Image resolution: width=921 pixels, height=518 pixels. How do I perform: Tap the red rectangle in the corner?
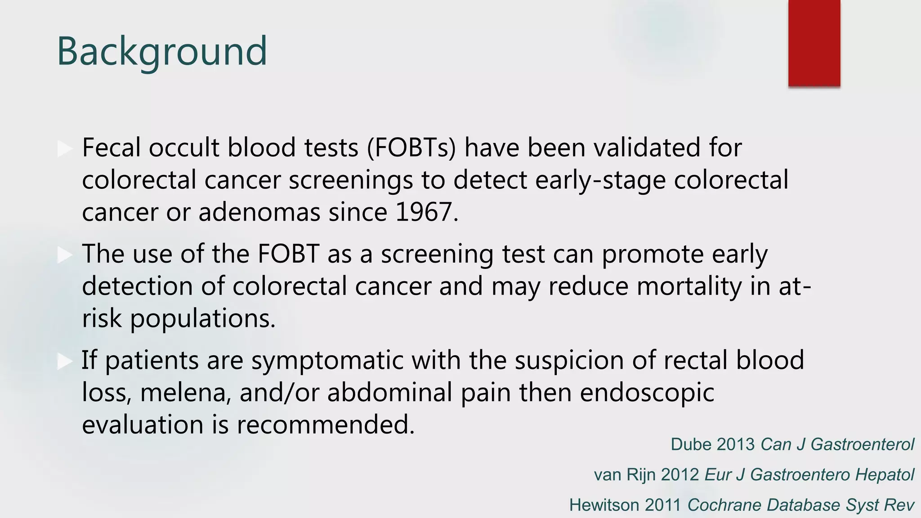[814, 43]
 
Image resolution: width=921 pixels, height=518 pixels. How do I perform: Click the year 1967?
[425, 212]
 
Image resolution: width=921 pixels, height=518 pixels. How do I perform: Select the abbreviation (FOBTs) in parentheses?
[411, 148]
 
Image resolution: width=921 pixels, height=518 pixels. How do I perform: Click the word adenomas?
[259, 212]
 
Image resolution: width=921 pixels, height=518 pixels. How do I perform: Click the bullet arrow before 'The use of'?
[65, 255]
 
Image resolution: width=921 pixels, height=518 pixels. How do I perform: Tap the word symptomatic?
[327, 361]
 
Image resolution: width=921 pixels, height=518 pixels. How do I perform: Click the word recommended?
[325, 424]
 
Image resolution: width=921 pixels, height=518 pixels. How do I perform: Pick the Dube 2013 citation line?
[792, 444]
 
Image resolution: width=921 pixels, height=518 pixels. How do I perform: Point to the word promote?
[653, 255]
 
